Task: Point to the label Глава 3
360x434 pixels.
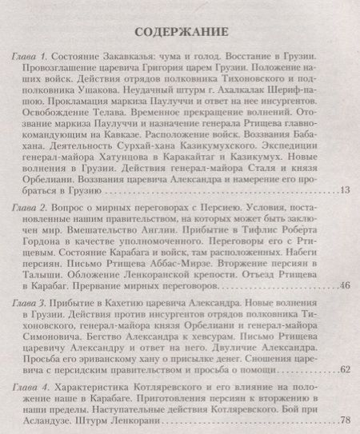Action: click(x=31, y=305)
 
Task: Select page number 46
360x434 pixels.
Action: click(x=345, y=285)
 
